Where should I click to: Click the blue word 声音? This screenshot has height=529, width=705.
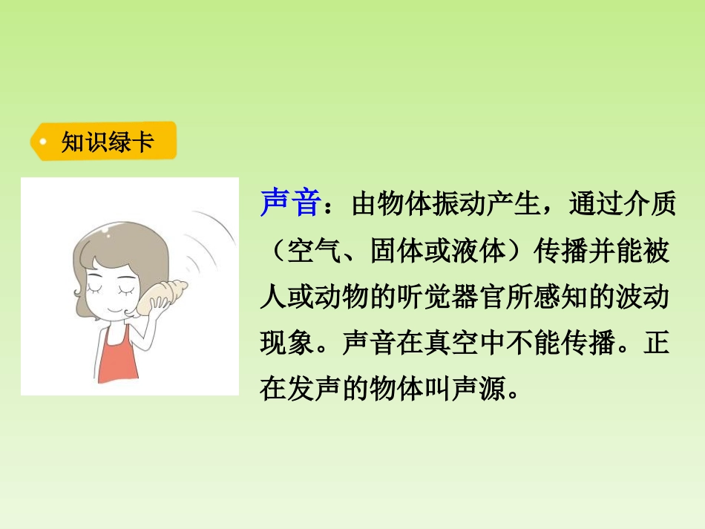[289, 203]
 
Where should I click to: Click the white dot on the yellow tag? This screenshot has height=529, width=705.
[44, 141]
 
